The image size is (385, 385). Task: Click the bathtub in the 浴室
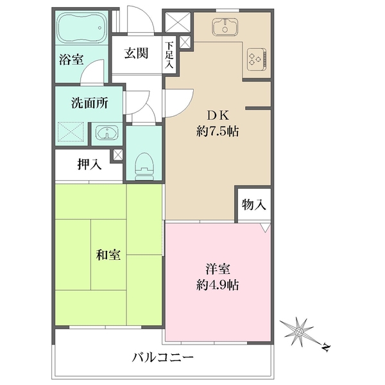(82, 28)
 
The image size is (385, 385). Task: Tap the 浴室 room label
(71, 59)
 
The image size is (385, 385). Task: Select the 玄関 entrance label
(136, 53)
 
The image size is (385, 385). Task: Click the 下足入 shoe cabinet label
(169, 55)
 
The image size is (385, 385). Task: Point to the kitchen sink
(225, 26)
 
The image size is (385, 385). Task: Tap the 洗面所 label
(90, 103)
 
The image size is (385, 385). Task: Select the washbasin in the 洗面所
(107, 133)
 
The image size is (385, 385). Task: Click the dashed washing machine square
(71, 132)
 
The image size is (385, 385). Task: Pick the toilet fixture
(144, 166)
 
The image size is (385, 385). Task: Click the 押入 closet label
(89, 164)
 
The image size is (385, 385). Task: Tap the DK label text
(218, 116)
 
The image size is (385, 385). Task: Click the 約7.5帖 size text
(218, 132)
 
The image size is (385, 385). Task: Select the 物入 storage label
(254, 205)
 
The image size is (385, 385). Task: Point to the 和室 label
(108, 255)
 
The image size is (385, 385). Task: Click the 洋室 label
(218, 269)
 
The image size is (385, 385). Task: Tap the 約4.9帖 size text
(218, 285)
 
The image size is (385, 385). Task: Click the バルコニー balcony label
(163, 357)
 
